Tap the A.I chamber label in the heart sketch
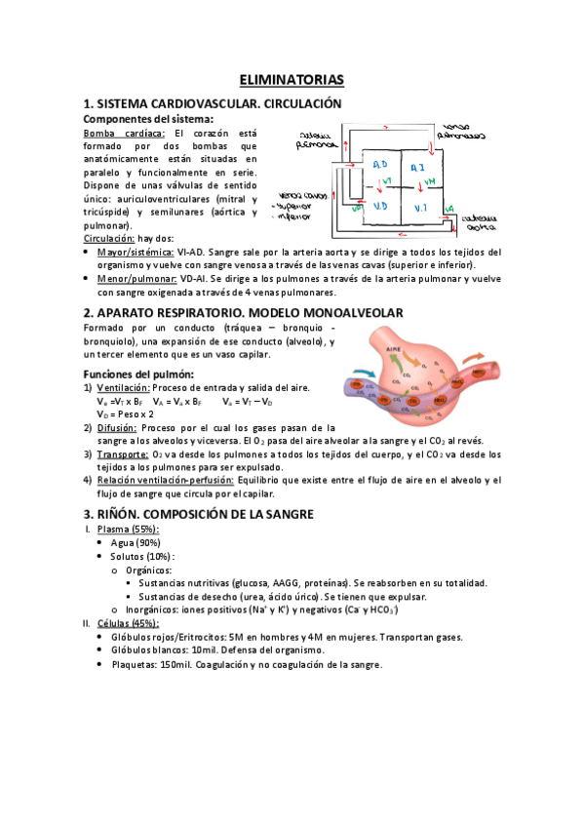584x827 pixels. (x=417, y=168)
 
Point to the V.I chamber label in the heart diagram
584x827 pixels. (x=419, y=208)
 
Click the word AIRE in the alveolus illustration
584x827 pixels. (x=393, y=348)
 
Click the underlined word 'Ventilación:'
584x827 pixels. (x=128, y=388)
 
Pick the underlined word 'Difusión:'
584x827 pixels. (x=118, y=427)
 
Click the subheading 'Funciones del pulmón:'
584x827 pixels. (x=138, y=374)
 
